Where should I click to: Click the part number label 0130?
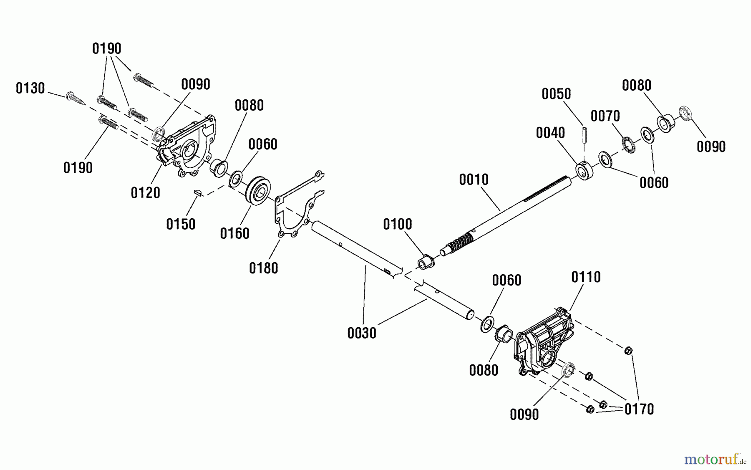(x=30, y=88)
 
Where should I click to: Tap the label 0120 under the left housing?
(x=145, y=192)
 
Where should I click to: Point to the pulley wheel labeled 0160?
(x=258, y=191)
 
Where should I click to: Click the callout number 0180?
(x=263, y=268)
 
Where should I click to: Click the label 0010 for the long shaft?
(x=474, y=179)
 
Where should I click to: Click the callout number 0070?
(x=605, y=116)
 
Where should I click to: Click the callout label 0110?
(x=586, y=277)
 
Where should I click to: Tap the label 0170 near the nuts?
(x=639, y=409)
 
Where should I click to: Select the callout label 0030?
(x=362, y=333)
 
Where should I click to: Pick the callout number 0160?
(x=234, y=233)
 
